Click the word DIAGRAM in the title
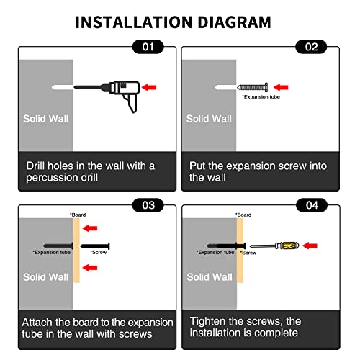point(234,22)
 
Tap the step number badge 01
point(148,47)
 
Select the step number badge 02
point(311,47)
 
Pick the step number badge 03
point(148,205)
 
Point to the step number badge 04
point(312,205)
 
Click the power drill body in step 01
point(125,88)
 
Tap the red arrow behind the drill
point(149,87)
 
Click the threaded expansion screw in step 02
point(253,87)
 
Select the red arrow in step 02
point(281,87)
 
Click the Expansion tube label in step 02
point(261,97)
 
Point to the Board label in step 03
point(78,215)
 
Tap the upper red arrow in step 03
point(90,228)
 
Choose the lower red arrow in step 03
point(90,267)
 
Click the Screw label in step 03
point(99,252)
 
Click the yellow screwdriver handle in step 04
point(290,246)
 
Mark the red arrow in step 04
point(310,246)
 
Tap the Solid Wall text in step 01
point(45,119)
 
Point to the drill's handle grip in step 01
point(131,103)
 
